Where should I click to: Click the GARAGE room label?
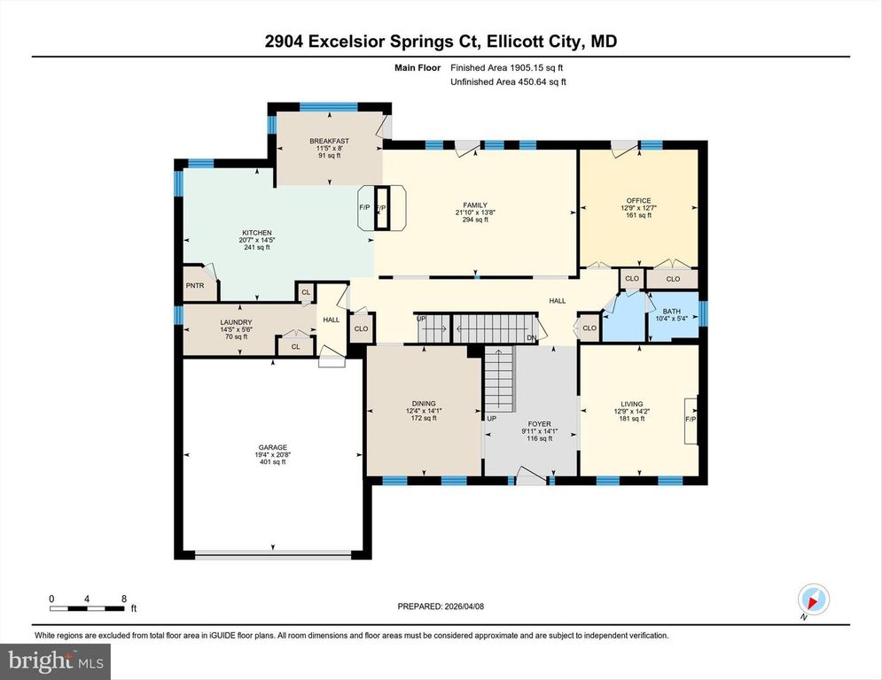coord(272,447)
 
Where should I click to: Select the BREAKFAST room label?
coord(329,141)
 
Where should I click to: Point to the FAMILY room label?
coord(476,205)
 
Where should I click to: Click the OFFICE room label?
coord(638,201)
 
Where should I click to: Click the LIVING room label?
coord(632,403)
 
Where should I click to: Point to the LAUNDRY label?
coord(237,322)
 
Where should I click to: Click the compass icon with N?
coord(812,599)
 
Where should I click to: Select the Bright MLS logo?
coord(57,660)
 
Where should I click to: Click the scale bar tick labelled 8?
coord(122,599)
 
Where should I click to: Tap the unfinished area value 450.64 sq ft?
coord(523,81)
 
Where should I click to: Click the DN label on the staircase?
coord(530,337)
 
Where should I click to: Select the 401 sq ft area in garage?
coord(272,463)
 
